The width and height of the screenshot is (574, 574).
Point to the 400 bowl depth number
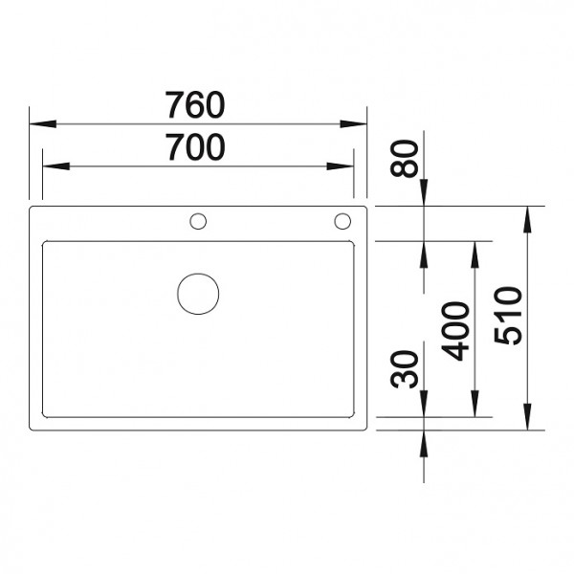click(x=458, y=330)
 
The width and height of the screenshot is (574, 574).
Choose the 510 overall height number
click(x=510, y=317)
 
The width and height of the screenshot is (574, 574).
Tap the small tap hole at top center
click(x=198, y=222)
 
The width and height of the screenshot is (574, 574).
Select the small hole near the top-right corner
click(x=342, y=222)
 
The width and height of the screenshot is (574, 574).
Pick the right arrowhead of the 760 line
click(x=360, y=123)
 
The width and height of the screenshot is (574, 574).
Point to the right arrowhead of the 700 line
click(x=346, y=166)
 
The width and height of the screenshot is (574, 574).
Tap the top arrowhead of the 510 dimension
click(x=526, y=214)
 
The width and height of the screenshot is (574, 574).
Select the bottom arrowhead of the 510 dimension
click(x=526, y=422)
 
